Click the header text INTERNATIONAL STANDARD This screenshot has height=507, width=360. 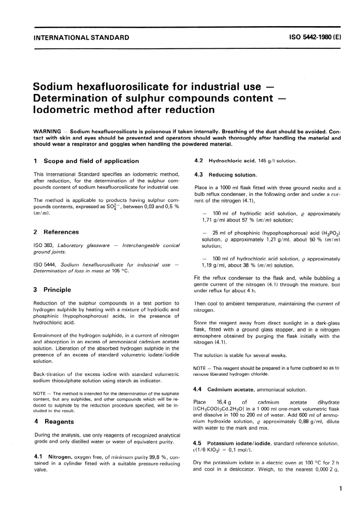pyautogui.click(x=81, y=38)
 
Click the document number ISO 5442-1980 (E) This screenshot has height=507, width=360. pyautogui.click(x=315, y=38)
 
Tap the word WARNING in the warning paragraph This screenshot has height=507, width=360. pyautogui.click(x=47, y=131)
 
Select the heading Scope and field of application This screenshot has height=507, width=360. pyautogui.click(x=91, y=161)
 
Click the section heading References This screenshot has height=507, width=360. pyautogui.click(x=61, y=232)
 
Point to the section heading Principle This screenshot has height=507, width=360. pyautogui.click(x=57, y=289)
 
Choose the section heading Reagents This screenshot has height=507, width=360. pyautogui.click(x=59, y=421)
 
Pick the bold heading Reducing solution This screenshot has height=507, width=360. pyautogui.click(x=233, y=175)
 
